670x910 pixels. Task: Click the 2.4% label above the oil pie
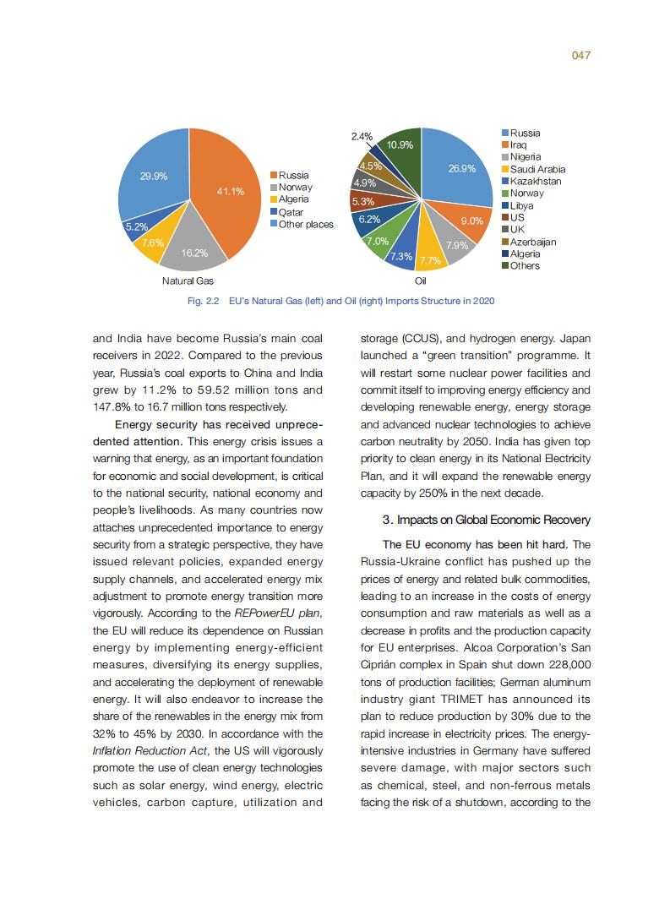click(x=362, y=136)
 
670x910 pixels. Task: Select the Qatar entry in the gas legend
click(x=291, y=212)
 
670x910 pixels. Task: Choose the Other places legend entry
click(x=306, y=224)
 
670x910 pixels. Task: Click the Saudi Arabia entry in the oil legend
click(x=537, y=170)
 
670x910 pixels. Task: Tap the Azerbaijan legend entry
click(x=532, y=242)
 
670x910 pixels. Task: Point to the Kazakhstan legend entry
click(x=535, y=182)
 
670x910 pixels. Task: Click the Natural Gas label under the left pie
click(x=188, y=281)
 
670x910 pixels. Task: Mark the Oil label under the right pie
click(x=420, y=281)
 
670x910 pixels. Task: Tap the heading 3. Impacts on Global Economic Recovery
click(x=486, y=519)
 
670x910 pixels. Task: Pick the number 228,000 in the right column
click(x=558, y=664)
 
